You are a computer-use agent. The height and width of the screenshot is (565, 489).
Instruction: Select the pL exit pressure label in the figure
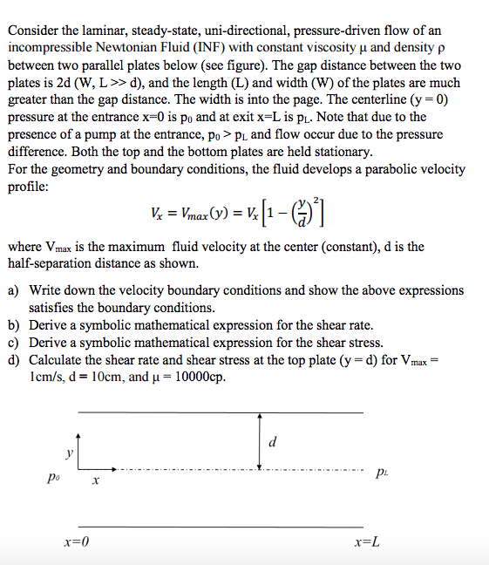(x=382, y=473)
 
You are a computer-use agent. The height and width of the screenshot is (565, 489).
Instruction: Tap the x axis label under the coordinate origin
(x=96, y=480)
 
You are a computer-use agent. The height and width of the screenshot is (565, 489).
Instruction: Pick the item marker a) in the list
(x=14, y=290)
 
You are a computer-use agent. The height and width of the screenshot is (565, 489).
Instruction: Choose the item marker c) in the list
(x=14, y=342)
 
